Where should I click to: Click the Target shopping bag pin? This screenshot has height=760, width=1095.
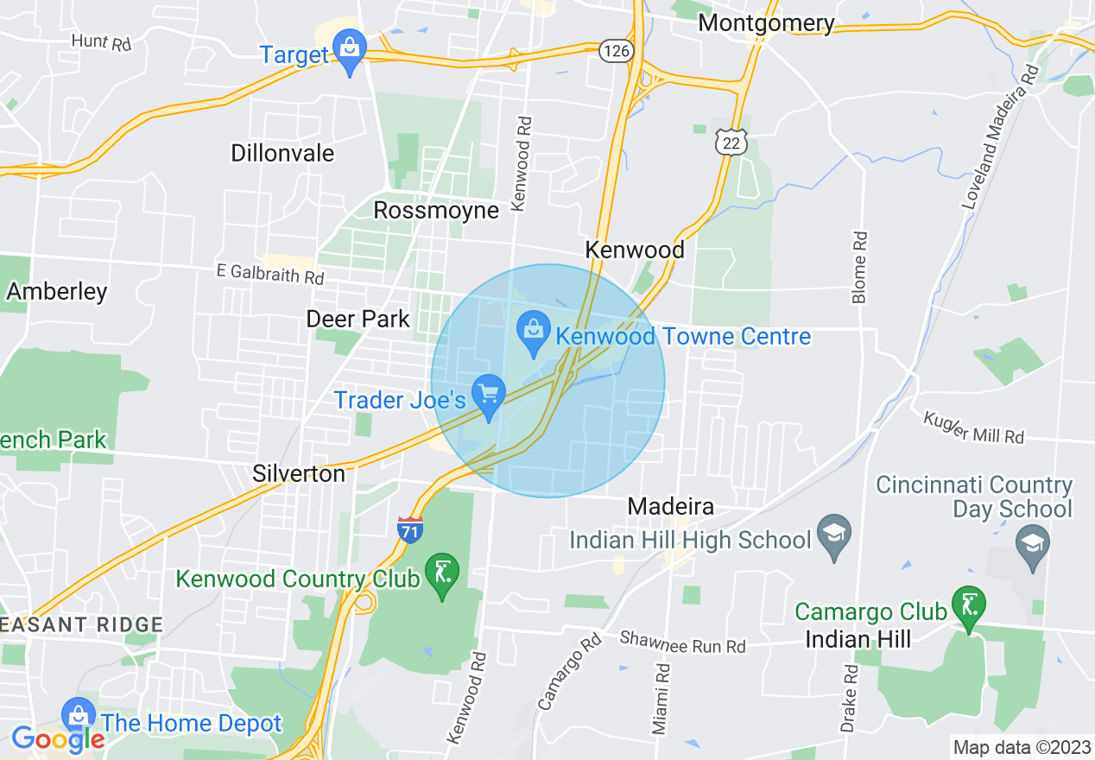[x=350, y=48]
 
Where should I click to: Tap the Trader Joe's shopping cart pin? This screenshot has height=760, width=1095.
[x=490, y=396]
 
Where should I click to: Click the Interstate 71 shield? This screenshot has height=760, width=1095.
[x=410, y=529]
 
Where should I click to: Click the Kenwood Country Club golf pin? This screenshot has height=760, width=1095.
[x=442, y=573]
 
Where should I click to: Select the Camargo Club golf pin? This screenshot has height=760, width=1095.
[x=969, y=606]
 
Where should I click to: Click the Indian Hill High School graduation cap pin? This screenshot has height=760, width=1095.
[x=834, y=535]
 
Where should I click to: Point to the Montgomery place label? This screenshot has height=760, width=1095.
[x=766, y=22]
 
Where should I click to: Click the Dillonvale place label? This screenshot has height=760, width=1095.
[x=282, y=153]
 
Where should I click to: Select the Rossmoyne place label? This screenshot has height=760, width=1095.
[x=436, y=210]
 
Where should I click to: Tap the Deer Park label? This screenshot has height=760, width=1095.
[x=358, y=319]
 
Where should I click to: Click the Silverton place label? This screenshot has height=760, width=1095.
[x=299, y=473]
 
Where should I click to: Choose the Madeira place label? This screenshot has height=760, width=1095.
[x=671, y=506]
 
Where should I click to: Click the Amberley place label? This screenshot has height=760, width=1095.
[x=57, y=291]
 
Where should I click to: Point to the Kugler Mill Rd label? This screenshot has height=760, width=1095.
[x=974, y=427]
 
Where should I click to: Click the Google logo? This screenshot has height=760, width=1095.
[x=58, y=738]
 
